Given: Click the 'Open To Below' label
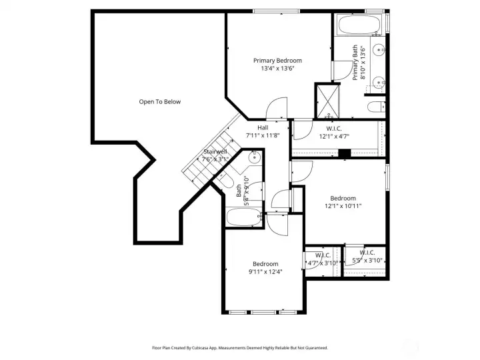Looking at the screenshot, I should pyautogui.click(x=159, y=102).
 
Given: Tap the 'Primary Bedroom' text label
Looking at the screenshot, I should pyautogui.click(x=277, y=61).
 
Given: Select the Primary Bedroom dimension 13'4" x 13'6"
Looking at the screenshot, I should pyautogui.click(x=277, y=68).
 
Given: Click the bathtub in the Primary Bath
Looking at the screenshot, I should pyautogui.click(x=359, y=27).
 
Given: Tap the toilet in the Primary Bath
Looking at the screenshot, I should pyautogui.click(x=375, y=107).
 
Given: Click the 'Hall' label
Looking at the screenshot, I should pyautogui.click(x=263, y=127).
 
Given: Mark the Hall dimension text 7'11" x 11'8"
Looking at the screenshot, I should pyautogui.click(x=263, y=135).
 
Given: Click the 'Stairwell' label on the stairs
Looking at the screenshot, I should pyautogui.click(x=215, y=152).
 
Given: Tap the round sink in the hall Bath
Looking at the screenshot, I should pyautogui.click(x=254, y=158).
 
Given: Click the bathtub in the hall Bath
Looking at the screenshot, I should pyautogui.click(x=240, y=217).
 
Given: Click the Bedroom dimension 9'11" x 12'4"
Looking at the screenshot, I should pyautogui.click(x=265, y=271).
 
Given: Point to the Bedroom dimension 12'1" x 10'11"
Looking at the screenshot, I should pyautogui.click(x=343, y=206).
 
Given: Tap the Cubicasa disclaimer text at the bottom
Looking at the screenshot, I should pyautogui.click(x=240, y=347).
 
